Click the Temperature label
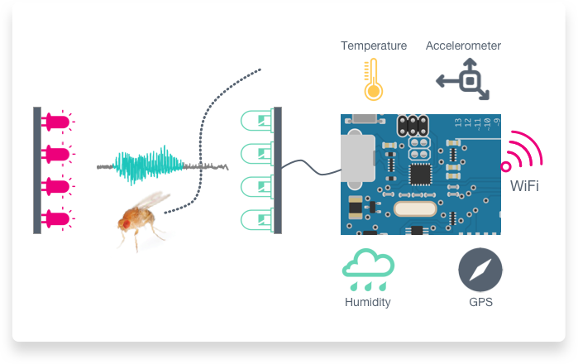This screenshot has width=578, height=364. [374, 45]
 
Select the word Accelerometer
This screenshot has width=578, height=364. [463, 45]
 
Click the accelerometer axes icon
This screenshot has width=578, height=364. [467, 79]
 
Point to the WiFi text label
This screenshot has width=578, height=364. [524, 186]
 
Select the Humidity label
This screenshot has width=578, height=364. [367, 302]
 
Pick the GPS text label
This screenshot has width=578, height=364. [480, 302]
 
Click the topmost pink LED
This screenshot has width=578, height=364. [56, 122]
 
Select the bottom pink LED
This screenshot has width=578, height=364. [56, 219]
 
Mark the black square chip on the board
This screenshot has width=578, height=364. [421, 175]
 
